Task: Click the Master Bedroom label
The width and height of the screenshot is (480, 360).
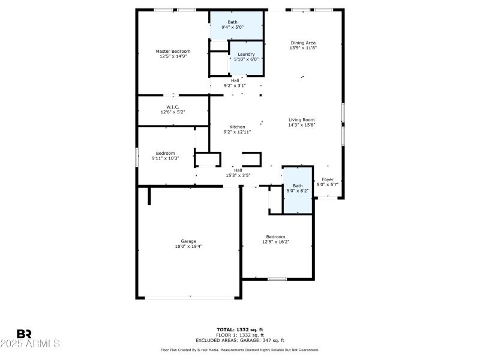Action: pos(173,52)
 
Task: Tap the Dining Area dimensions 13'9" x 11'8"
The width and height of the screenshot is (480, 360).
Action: pos(303,48)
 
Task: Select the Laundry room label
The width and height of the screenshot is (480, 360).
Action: pos(246,54)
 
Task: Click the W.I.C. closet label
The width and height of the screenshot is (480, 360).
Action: pos(173,107)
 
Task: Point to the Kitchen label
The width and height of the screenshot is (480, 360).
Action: pos(237,127)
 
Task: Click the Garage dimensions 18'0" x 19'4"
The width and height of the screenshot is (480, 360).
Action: pos(188,246)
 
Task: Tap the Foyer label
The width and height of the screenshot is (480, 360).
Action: pos(328,179)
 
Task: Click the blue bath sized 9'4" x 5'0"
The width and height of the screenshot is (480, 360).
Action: pos(236,25)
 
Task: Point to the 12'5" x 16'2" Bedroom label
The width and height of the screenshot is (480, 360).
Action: pos(275,237)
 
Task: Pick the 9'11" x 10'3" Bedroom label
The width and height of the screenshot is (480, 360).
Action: pos(166,154)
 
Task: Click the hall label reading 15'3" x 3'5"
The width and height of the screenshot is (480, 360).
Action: pos(238,175)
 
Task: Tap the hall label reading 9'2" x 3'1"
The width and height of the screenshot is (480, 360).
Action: pos(235,85)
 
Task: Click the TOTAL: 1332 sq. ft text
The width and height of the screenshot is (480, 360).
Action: pos(239,329)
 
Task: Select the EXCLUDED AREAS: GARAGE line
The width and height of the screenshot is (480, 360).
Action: pos(239,340)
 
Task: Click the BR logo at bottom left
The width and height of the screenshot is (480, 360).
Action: pos(24,334)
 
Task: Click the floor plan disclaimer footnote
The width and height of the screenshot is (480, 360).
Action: pos(239,350)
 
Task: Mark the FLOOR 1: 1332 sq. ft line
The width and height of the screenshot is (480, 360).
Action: pos(239,335)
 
